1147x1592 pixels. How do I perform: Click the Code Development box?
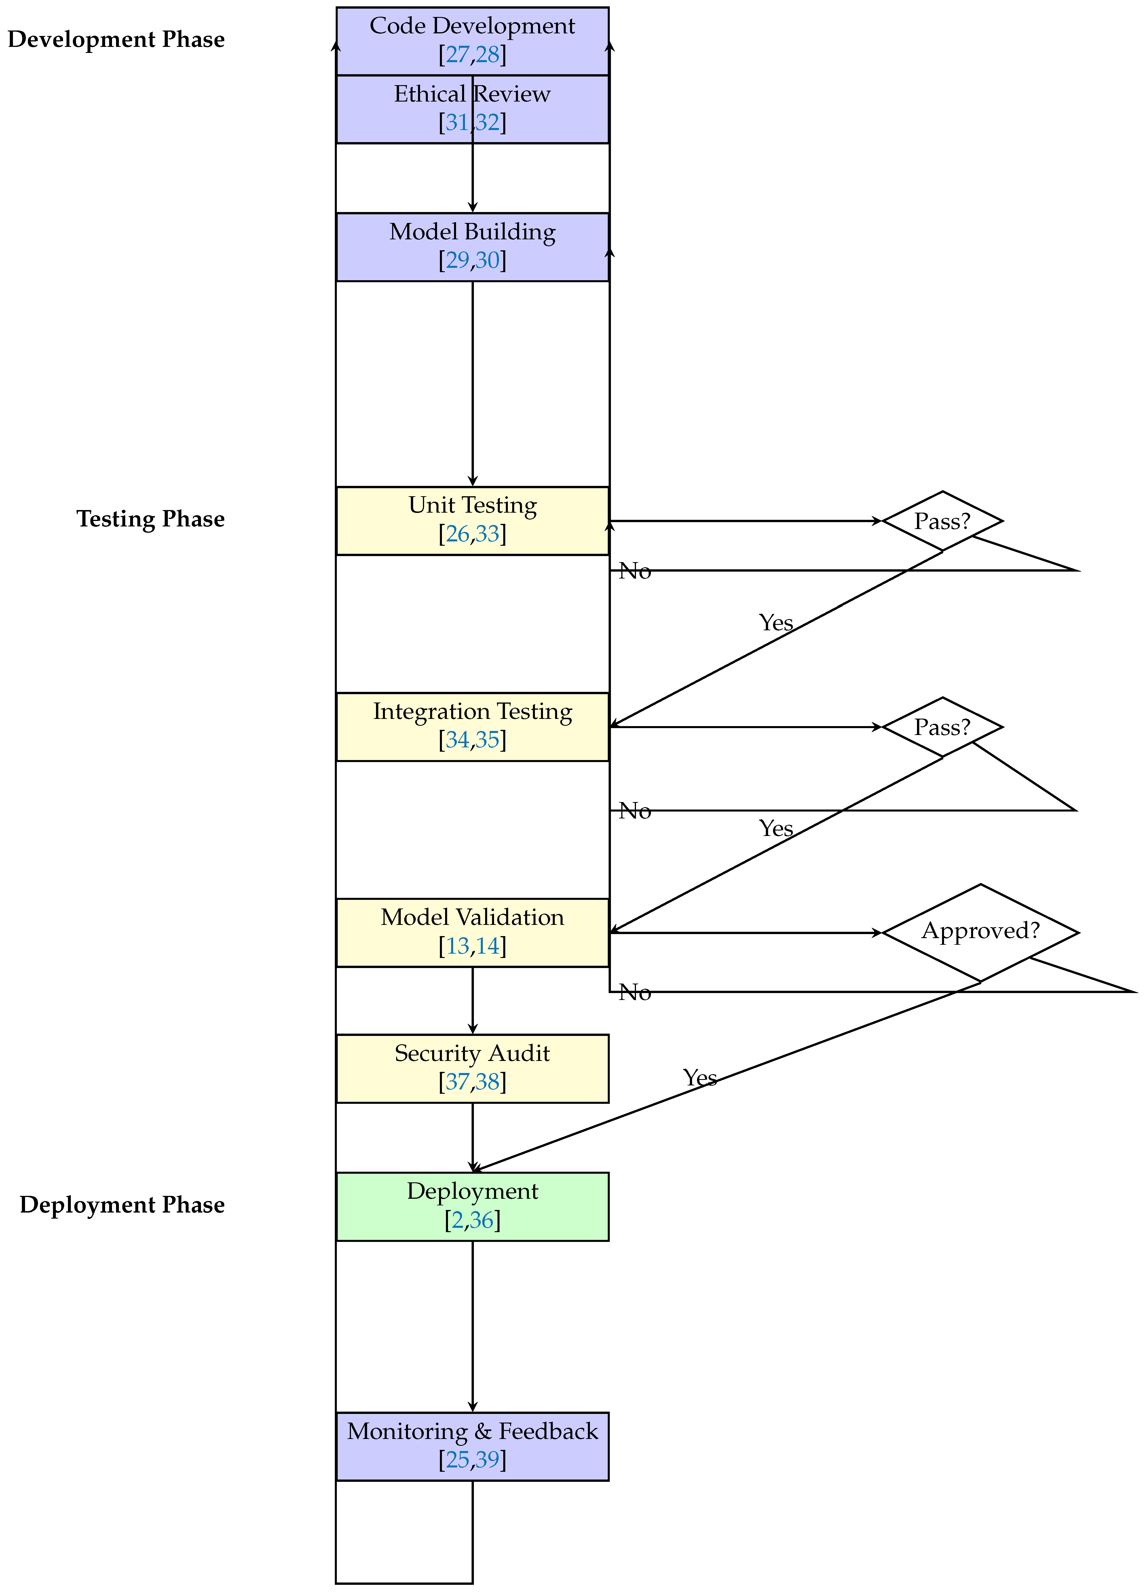coord(472,41)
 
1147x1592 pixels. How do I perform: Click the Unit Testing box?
coord(472,520)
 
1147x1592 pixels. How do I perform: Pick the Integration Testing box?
coord(472,726)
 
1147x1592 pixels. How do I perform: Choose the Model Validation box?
coord(472,932)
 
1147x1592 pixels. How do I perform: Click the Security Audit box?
coord(472,1068)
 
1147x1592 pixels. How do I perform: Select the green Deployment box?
coord(472,1206)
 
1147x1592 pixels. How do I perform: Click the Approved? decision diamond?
coord(980,932)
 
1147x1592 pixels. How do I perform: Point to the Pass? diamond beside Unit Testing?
coord(942,521)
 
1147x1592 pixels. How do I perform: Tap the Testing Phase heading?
coord(150,519)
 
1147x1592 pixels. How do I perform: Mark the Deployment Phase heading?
coord(122,1205)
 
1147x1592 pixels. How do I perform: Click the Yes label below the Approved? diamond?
coord(700,1077)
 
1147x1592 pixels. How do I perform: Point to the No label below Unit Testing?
coord(635,571)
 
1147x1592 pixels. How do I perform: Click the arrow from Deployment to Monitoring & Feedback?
coord(473,1327)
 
